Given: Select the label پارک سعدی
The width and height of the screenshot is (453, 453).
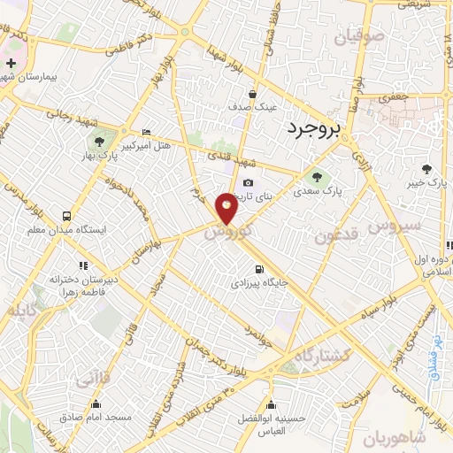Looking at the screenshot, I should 319,189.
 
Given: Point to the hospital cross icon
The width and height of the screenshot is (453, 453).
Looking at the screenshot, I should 10,64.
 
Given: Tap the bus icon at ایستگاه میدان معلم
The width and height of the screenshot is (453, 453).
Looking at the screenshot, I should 66,216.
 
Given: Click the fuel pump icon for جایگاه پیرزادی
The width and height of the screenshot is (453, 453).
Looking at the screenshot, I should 257,270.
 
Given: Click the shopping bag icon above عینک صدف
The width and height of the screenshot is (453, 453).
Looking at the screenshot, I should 254,93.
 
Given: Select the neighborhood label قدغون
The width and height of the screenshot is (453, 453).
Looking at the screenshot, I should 333,237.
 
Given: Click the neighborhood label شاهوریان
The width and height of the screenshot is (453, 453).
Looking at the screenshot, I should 418,438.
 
